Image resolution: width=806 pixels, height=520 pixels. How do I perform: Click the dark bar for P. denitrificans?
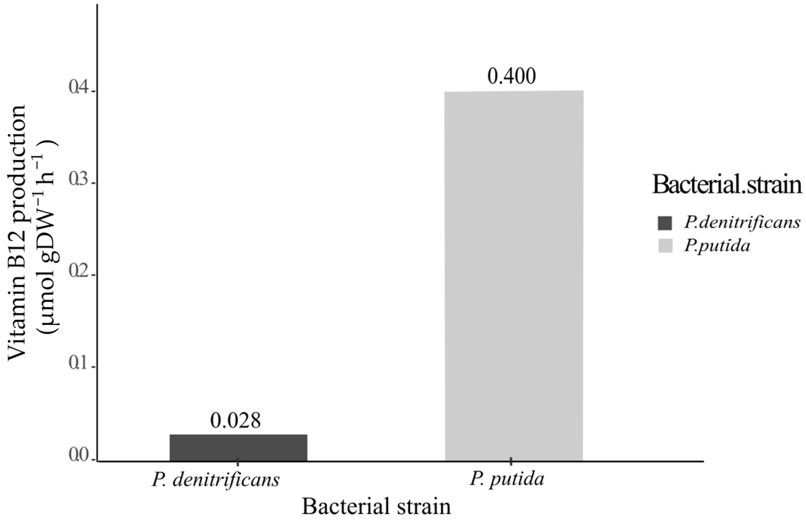(x=238, y=447)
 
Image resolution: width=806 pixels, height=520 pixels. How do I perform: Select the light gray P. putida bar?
(x=514, y=275)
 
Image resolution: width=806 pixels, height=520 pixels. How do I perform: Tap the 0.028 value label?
(x=235, y=421)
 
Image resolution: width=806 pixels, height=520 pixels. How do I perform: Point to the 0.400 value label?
(x=511, y=77)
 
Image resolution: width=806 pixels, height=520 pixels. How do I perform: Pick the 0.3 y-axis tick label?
(x=79, y=180)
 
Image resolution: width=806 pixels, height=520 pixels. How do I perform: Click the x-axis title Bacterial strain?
(x=376, y=507)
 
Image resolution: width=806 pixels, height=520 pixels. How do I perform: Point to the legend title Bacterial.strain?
(x=727, y=185)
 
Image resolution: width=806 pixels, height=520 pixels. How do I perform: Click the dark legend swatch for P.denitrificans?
(x=665, y=223)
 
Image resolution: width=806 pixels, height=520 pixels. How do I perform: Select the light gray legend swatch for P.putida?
(x=665, y=246)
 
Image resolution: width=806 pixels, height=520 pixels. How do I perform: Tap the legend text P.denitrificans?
(x=742, y=223)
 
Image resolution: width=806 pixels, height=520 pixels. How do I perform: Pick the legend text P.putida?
(x=717, y=246)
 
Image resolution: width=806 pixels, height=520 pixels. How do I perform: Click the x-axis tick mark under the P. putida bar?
(x=511, y=461)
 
